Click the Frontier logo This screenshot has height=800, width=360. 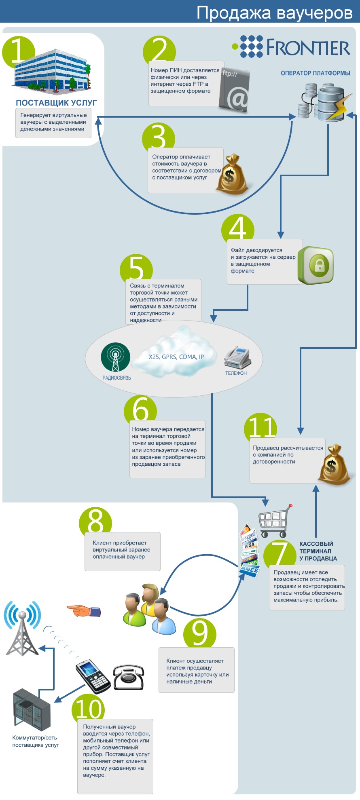pyautogui.click(x=291, y=46)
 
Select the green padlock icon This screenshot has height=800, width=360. pyautogui.click(x=316, y=265)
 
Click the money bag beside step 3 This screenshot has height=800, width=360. pyautogui.click(x=231, y=175)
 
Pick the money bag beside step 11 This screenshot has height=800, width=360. pyautogui.click(x=334, y=464)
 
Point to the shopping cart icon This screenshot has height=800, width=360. pyautogui.click(x=275, y=520)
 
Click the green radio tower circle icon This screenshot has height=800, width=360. pyautogui.click(x=116, y=357)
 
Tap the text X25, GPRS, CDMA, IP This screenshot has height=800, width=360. pyautogui.click(x=176, y=357)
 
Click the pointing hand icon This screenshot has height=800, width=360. pyautogui.click(x=83, y=610)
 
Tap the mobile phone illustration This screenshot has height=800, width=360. pyautogui.click(x=93, y=676)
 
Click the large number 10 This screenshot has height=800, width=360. pyautogui.click(x=89, y=709)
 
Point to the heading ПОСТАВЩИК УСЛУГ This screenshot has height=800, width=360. pyautogui.click(x=56, y=103)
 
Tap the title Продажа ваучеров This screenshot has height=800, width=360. pyautogui.click(x=274, y=13)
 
